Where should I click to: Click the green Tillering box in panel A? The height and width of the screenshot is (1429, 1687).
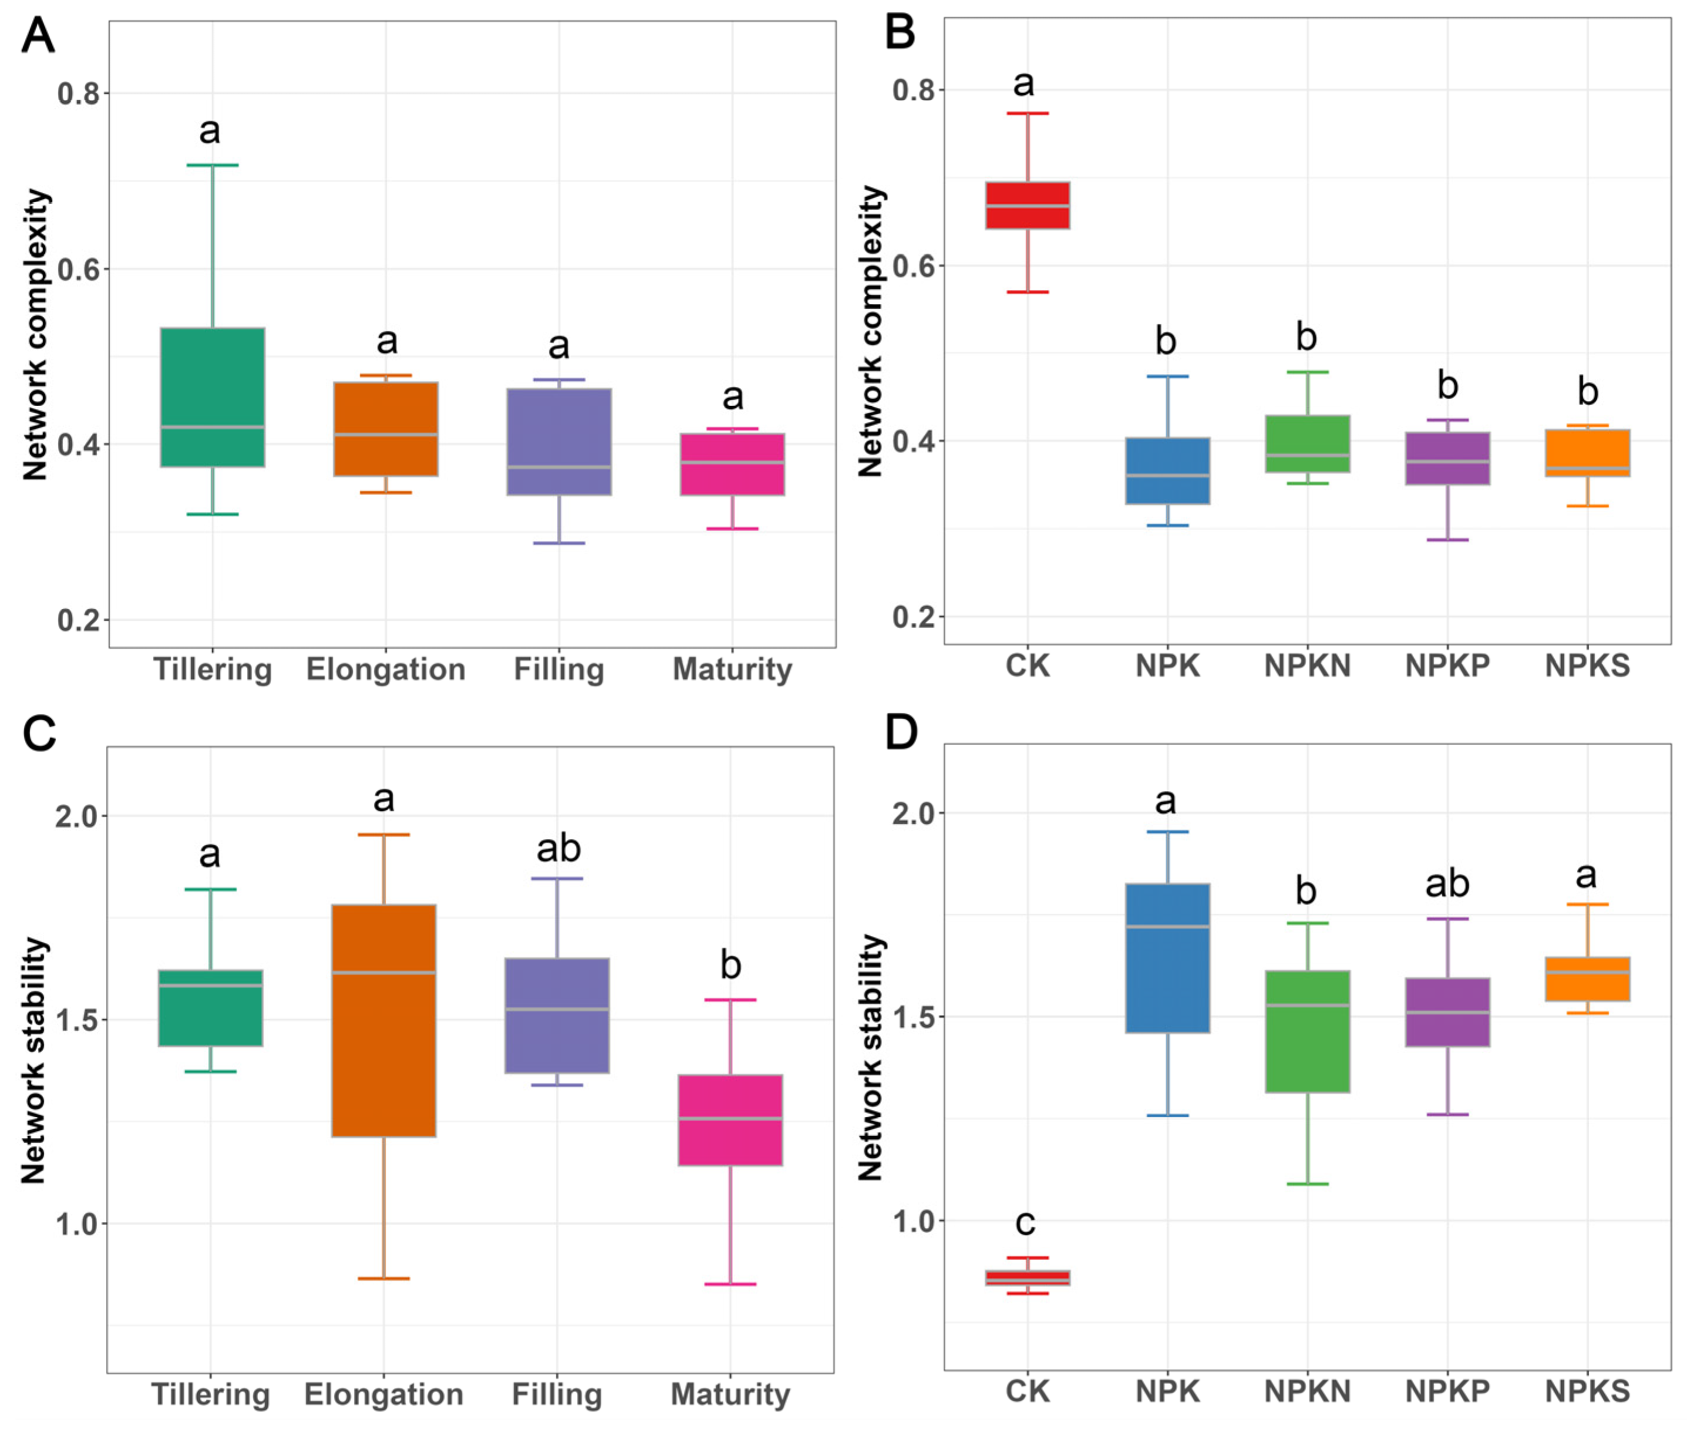tap(212, 397)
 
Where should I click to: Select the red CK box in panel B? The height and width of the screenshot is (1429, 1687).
tap(1027, 205)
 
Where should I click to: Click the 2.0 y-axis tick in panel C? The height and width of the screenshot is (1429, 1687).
tap(76, 816)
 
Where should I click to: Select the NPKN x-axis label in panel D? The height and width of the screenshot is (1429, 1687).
tap(1307, 1391)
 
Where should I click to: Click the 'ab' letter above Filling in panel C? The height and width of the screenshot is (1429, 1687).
tap(558, 848)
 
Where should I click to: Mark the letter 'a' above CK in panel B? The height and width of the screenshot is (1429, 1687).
tap(1023, 83)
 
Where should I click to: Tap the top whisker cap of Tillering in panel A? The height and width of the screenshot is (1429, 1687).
tap(212, 165)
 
